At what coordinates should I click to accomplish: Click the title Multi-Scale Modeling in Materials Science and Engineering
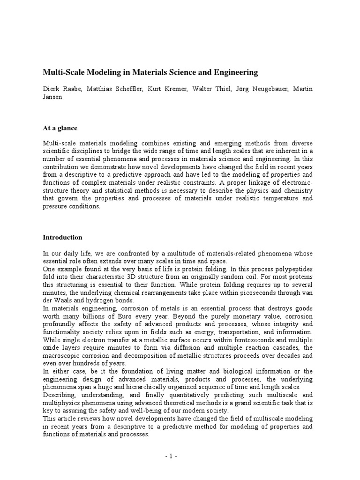[x=150, y=72]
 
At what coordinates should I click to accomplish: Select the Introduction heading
[x=62, y=237]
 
